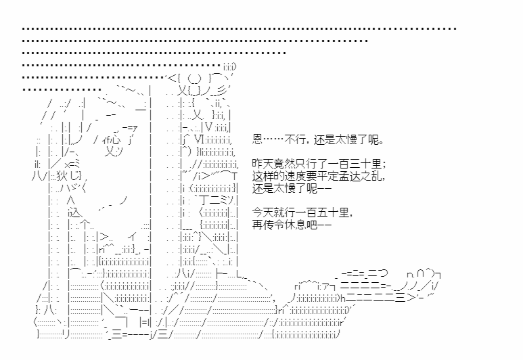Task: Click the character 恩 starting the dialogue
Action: (x=258, y=139)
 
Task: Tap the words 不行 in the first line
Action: (x=295, y=139)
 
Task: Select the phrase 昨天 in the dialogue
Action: (x=263, y=164)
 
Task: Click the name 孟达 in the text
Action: (x=349, y=176)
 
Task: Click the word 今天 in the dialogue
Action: (x=263, y=212)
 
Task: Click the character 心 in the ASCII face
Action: (x=115, y=139)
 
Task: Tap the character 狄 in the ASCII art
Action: (x=62, y=176)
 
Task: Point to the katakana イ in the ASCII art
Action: (x=132, y=237)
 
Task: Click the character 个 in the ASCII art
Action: (x=85, y=224)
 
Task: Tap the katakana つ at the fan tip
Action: (x=382, y=273)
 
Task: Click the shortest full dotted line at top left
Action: (x=62, y=89)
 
